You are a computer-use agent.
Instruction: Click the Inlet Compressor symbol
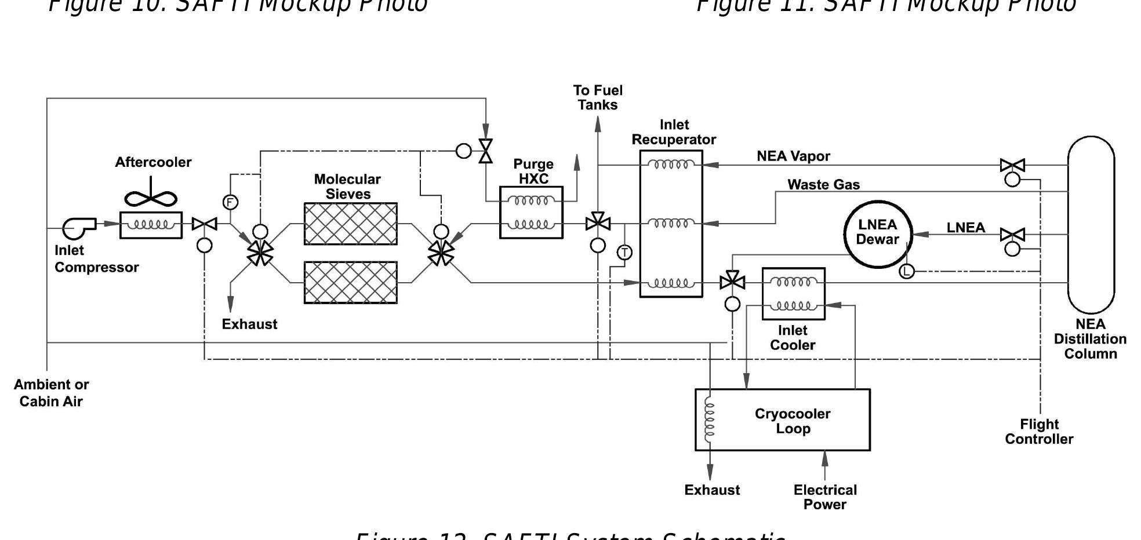[x=79, y=227]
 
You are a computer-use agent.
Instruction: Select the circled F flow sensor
[x=230, y=202]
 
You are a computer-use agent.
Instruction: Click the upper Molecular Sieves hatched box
[x=350, y=224]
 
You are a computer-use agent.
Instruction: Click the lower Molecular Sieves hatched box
[x=350, y=282]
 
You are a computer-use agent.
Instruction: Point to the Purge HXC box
[x=531, y=213]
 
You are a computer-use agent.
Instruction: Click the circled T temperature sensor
[x=624, y=253]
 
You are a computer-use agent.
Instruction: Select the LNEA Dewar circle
[x=877, y=233]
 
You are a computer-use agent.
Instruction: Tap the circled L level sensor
[x=906, y=271]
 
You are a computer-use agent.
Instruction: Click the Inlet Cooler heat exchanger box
[x=793, y=294]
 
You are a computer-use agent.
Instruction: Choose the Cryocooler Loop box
[x=783, y=420]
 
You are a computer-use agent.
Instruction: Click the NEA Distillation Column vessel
[x=1091, y=225]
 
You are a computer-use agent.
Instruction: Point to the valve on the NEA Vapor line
[x=1012, y=166]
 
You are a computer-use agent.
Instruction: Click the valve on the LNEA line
[x=1012, y=235]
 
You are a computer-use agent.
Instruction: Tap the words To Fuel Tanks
[x=598, y=97]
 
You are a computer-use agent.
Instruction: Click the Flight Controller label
[x=1039, y=432]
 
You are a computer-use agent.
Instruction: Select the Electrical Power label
[x=824, y=497]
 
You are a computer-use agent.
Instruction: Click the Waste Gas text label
[x=823, y=185]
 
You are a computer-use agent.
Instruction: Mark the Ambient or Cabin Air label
[x=51, y=393]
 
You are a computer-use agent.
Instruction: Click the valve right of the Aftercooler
[x=204, y=224]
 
